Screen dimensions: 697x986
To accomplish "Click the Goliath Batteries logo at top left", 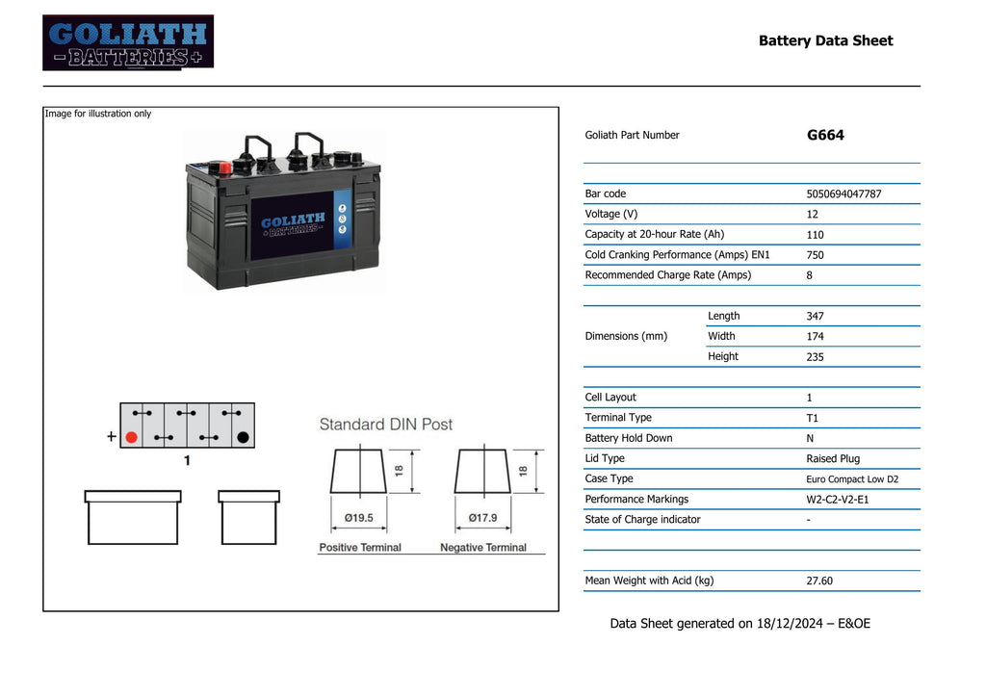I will pos(128,42).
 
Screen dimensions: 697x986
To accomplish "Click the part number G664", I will pos(825,136).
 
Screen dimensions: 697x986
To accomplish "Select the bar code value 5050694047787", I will pos(843,194).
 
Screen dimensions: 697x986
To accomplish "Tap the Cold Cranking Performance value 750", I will pos(815,255).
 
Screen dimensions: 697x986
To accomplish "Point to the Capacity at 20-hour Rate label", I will pos(654,235).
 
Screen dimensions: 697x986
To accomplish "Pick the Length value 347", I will pos(815,316).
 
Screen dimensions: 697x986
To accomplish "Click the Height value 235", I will pos(815,357).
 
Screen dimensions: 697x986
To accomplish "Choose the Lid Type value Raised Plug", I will pos(833,459).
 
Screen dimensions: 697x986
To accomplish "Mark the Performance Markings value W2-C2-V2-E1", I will pos(837,500).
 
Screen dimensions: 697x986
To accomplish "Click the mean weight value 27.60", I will pos(819,581).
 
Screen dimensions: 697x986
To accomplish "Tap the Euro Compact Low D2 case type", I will pos(852,479).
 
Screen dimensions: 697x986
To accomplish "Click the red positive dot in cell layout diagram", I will pos(132,437).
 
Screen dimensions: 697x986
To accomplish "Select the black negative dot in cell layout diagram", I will pos(243,437).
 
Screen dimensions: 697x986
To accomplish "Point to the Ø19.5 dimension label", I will pos(359,518).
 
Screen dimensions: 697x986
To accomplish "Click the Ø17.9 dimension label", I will pos(482,518).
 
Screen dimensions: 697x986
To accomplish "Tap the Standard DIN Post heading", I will pos(385,425).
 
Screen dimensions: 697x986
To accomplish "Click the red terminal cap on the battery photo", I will pos(225,168).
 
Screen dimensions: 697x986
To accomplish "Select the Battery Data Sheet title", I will pos(825,40).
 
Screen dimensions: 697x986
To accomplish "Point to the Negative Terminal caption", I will pos(483,548).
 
